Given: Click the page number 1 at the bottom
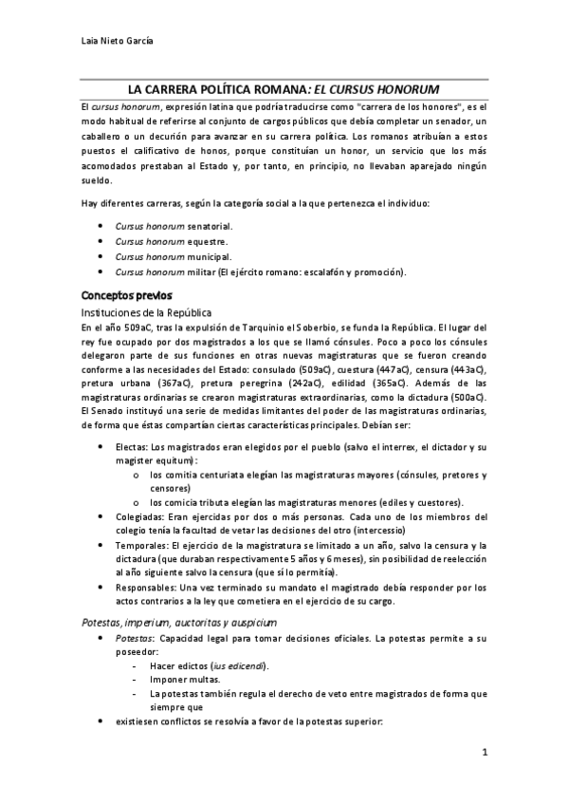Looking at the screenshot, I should click(484, 754).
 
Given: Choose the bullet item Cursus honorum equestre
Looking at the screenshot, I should click(171, 242).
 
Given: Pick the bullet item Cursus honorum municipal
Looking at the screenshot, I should click(173, 257).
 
